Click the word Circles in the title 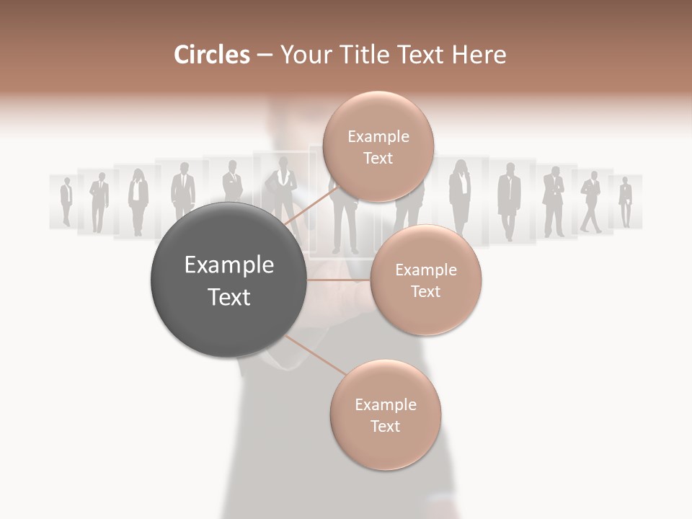(x=211, y=55)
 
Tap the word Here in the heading (x=479, y=55)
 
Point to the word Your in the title (x=304, y=55)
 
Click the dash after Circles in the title (x=265, y=56)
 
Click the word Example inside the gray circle (x=229, y=265)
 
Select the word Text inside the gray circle (x=229, y=297)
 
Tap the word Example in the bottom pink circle (x=385, y=404)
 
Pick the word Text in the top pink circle (x=378, y=159)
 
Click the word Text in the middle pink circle (x=425, y=292)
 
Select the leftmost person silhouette (x=66, y=202)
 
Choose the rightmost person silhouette (x=625, y=202)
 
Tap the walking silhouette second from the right (x=591, y=202)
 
